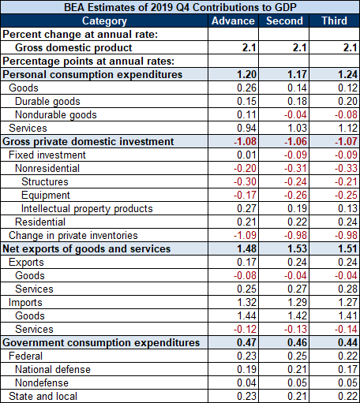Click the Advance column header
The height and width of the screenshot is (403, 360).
pyautogui.click(x=233, y=21)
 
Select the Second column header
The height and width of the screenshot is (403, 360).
pyautogui.click(x=284, y=21)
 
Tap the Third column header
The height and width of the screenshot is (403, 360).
pyautogui.click(x=335, y=21)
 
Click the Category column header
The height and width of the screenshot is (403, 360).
pyautogui.click(x=104, y=21)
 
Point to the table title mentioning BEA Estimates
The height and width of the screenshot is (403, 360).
pyautogui.click(x=180, y=7)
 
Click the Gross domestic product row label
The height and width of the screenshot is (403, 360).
pyautogui.click(x=73, y=47)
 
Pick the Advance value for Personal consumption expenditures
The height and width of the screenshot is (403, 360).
pyautogui.click(x=246, y=74)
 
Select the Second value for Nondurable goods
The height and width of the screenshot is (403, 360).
pyautogui.click(x=295, y=114)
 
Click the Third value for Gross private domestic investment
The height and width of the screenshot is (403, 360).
pyautogui.click(x=346, y=141)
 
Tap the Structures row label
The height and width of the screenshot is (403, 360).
pyautogui.click(x=45, y=181)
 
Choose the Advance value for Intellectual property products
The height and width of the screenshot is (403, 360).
pyautogui.click(x=246, y=208)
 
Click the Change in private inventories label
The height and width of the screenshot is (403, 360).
pyautogui.click(x=73, y=235)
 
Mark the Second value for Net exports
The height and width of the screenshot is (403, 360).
pyautogui.click(x=297, y=248)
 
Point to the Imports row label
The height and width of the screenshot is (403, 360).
pyautogui.click(x=25, y=302)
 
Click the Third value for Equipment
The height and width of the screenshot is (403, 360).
pyautogui.click(x=346, y=195)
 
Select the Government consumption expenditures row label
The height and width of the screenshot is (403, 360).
pyautogui.click(x=101, y=342)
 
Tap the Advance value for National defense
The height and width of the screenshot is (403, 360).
pyautogui.click(x=246, y=369)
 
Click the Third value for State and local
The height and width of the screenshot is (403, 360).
pyautogui.click(x=347, y=396)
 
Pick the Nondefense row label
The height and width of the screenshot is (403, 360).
pyautogui.click(x=42, y=382)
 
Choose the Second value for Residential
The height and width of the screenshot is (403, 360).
pyautogui.click(x=297, y=222)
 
